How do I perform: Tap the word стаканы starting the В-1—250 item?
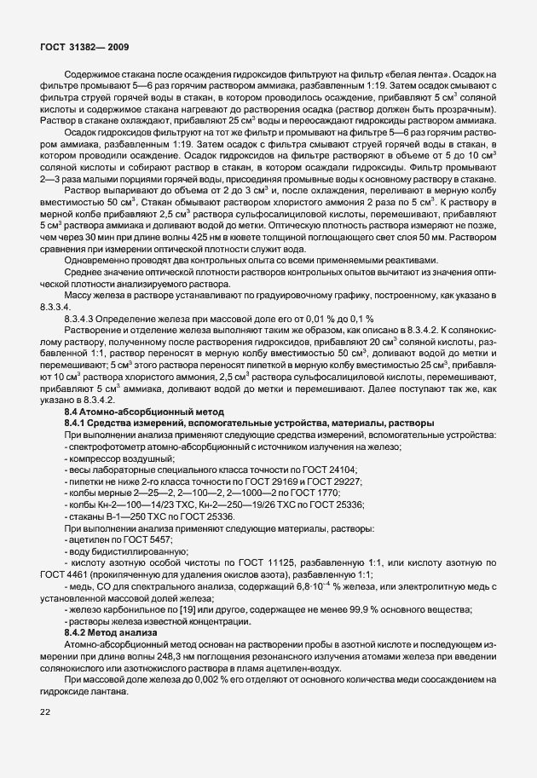coord(84,524)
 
